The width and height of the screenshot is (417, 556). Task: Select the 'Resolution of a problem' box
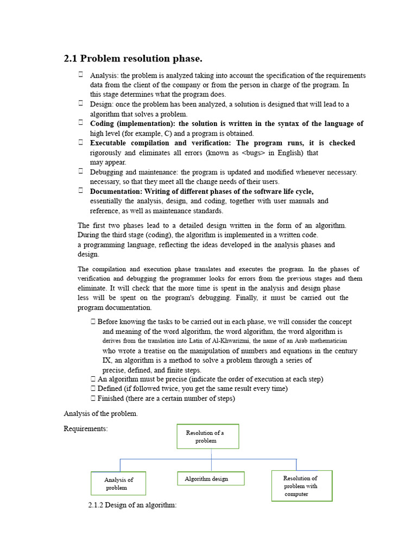pyautogui.click(x=207, y=437)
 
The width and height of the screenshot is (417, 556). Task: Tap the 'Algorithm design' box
pyautogui.click(x=211, y=479)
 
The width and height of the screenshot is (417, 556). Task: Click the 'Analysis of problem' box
pyautogui.click(x=118, y=483)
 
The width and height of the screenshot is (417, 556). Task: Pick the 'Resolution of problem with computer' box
pyautogui.click(x=301, y=486)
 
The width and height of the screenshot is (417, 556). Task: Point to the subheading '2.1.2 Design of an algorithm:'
pyautogui.click(x=132, y=506)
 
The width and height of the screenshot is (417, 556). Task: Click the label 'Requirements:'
pyautogui.click(x=86, y=429)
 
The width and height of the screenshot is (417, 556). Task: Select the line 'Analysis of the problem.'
pyautogui.click(x=101, y=414)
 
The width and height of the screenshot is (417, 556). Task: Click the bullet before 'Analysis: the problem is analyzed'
pyautogui.click(x=80, y=75)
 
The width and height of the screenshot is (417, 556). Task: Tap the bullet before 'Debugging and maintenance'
pyautogui.click(x=80, y=172)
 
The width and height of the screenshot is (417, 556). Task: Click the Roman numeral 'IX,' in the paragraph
pyautogui.click(x=108, y=360)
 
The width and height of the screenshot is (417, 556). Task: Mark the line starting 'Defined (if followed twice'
pyautogui.click(x=192, y=389)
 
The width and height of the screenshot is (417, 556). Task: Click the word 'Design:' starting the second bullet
pyautogui.click(x=101, y=104)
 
